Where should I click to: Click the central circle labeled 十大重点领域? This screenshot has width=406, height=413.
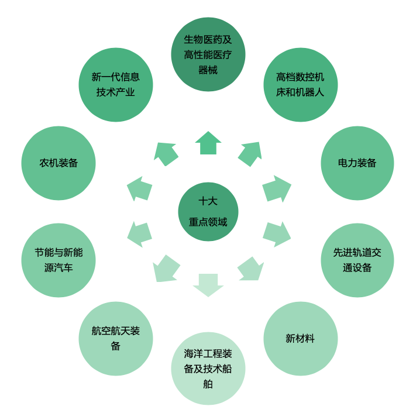(208, 212)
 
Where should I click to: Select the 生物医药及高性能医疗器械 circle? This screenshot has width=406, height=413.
(208, 54)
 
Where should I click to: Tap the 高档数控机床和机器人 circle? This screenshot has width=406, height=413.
(300, 85)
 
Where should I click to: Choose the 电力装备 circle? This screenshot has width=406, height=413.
(357, 163)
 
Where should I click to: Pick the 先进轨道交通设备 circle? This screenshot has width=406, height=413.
(357, 260)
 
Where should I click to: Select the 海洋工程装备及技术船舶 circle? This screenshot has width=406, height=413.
(208, 369)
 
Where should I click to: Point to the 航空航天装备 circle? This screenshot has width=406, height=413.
(115, 338)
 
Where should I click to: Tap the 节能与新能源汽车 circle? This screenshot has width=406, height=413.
(59, 260)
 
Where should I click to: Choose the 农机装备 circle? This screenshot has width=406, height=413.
(59, 163)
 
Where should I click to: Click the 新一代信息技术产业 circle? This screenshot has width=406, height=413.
(115, 85)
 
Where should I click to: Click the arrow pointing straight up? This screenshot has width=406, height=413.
(208, 143)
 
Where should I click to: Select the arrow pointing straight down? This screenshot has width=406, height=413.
(208, 284)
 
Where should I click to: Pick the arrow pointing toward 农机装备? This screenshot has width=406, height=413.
(140, 189)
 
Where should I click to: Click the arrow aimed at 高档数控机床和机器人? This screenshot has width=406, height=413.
(250, 154)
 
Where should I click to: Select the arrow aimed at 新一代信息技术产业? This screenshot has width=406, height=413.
(166, 154)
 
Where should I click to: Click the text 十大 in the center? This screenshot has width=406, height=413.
(208, 201)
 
